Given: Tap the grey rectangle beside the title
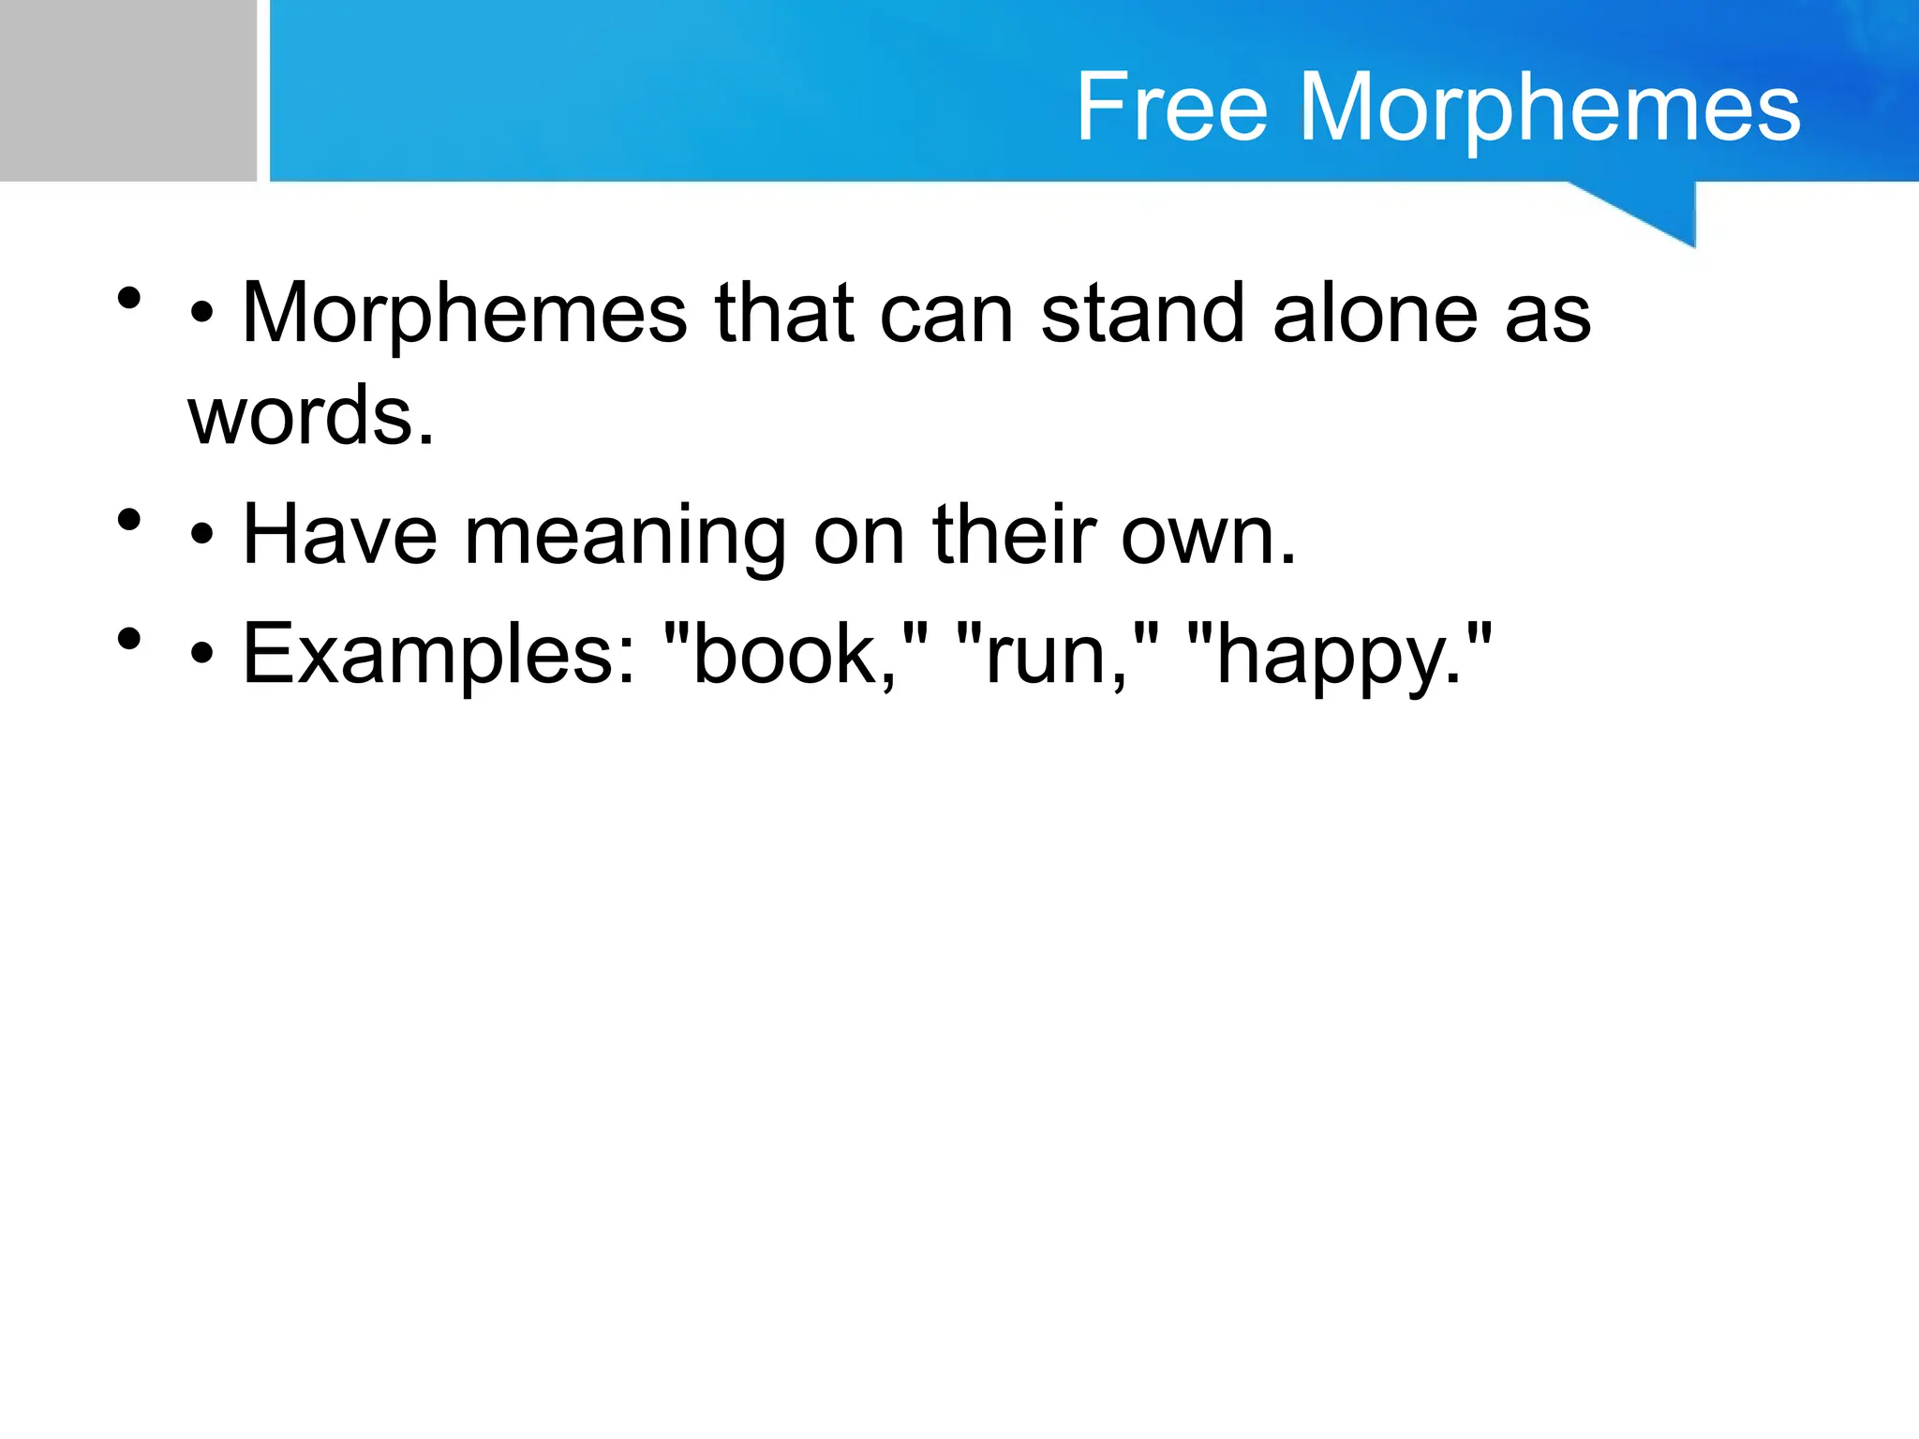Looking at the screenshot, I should click(127, 90).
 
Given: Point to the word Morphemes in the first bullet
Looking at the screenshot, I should click(465, 314).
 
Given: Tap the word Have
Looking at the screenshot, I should click(339, 536).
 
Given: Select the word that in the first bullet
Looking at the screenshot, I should click(784, 314).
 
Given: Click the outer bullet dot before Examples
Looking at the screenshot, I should click(129, 639).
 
